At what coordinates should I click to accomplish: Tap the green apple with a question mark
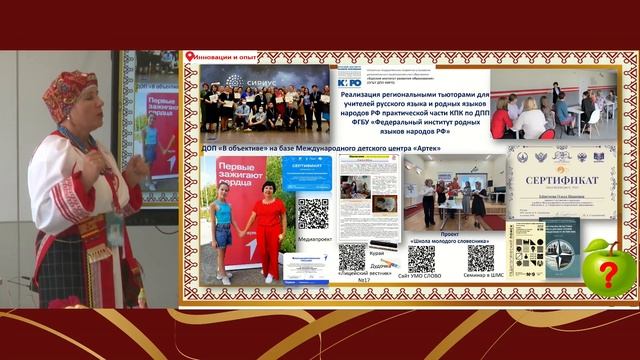pyautogui.click(x=608, y=267)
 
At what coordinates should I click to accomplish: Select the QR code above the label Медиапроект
pyautogui.click(x=312, y=214)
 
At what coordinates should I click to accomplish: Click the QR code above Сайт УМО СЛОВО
pyautogui.click(x=421, y=258)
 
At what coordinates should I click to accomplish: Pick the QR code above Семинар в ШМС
pyautogui.click(x=481, y=258)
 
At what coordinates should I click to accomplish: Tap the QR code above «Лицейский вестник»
pyautogui.click(x=352, y=258)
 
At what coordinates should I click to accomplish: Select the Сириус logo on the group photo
pyautogui.click(x=249, y=80)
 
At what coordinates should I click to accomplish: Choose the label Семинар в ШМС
pyautogui.click(x=481, y=276)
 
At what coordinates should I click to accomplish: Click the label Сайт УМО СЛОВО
pyautogui.click(x=421, y=276)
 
